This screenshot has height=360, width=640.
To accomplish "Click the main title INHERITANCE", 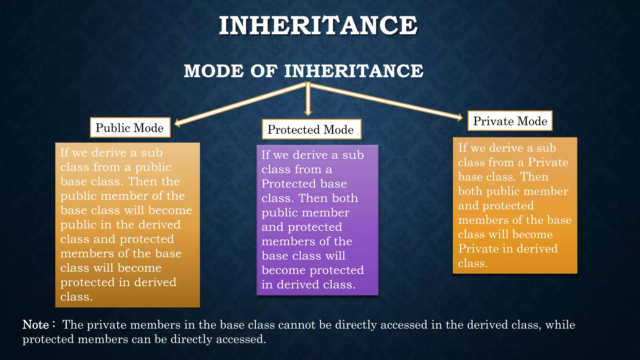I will click(x=318, y=26).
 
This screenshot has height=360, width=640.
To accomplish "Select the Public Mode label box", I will click(x=130, y=127).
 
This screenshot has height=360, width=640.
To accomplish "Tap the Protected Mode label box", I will click(x=311, y=129).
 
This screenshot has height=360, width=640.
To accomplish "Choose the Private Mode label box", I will click(x=510, y=121).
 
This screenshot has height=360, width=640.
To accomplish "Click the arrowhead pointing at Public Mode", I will click(x=177, y=123).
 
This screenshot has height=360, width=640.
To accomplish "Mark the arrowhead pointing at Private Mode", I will click(x=460, y=117).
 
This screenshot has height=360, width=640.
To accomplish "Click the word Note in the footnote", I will click(x=36, y=325).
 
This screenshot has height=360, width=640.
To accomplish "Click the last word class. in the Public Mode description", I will click(x=76, y=297).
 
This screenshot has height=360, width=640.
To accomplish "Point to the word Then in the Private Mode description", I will click(x=534, y=177).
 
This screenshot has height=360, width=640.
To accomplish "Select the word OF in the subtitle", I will click(x=264, y=71).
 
